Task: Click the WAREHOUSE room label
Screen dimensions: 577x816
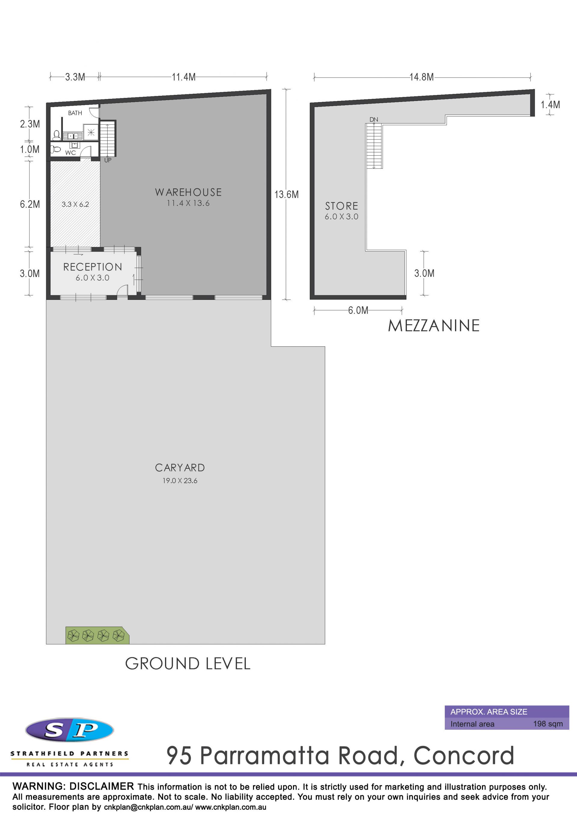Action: (x=188, y=192)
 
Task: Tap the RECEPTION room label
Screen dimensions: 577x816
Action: (x=93, y=267)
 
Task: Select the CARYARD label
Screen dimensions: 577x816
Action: (x=180, y=468)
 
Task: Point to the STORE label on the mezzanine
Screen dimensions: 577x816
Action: (x=342, y=206)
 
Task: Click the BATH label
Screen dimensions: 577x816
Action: (x=75, y=113)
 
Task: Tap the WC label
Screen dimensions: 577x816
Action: (x=70, y=153)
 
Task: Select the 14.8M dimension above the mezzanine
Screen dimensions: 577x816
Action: (x=422, y=77)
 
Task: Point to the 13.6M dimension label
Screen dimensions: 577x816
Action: (x=286, y=194)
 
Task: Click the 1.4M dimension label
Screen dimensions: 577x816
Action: (x=550, y=105)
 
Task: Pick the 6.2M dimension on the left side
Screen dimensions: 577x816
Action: (x=30, y=204)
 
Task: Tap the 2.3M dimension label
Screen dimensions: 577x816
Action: (x=30, y=124)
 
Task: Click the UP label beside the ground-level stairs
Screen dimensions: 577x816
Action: (x=108, y=160)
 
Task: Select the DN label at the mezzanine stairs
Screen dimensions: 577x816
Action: (x=374, y=119)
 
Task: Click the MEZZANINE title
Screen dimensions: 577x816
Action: (x=434, y=326)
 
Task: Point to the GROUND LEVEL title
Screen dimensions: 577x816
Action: (x=188, y=664)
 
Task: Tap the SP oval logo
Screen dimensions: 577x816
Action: (x=70, y=730)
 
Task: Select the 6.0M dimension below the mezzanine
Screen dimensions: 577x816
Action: (x=358, y=310)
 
